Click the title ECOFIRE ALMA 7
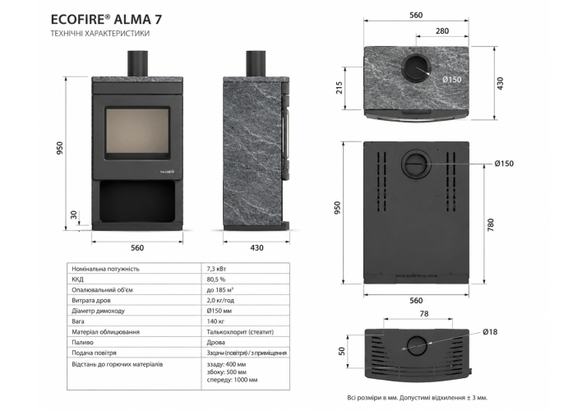coord(106,19)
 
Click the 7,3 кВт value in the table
coord(217,269)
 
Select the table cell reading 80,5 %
coord(216,279)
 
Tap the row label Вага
coord(78,321)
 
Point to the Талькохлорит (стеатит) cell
coord(240,332)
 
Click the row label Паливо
coord(83,342)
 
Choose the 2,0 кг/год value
coord(220,300)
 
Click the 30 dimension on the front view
coord(74,215)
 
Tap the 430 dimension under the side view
coord(257,247)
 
